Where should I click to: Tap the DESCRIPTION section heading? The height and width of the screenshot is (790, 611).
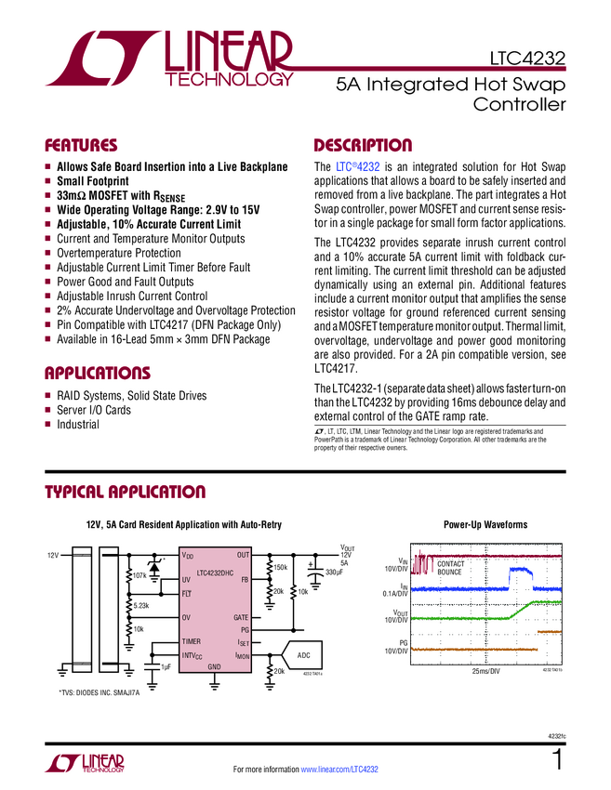tap(362, 146)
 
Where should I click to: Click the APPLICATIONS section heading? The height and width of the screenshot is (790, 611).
tap(97, 374)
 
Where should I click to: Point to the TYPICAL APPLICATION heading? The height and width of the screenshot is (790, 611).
tap(125, 493)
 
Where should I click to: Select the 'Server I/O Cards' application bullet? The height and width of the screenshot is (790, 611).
tap(94, 410)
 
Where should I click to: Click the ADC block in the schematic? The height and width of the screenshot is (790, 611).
tap(303, 655)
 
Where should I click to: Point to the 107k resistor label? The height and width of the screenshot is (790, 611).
tap(140, 576)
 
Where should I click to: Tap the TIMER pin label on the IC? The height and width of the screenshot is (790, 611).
tap(191, 642)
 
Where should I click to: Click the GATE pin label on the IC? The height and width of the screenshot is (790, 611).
tap(240, 617)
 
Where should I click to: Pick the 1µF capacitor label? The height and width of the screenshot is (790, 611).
tap(166, 667)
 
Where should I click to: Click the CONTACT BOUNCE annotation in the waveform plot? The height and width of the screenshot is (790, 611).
tap(450, 568)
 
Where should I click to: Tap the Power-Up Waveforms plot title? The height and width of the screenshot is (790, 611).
tap(485, 525)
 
